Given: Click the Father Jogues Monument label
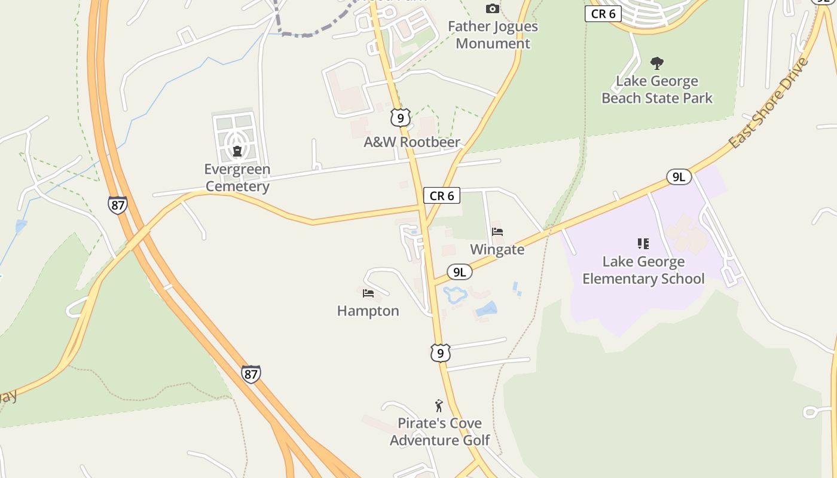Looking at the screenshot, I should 493,35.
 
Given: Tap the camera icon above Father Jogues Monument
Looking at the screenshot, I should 492,8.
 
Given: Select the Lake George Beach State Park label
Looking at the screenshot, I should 657,90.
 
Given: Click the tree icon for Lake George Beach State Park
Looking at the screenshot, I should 657,63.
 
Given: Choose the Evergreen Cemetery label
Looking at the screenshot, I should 237,177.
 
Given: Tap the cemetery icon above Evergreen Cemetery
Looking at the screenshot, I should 237,151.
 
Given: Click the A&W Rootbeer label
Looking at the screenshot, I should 412,142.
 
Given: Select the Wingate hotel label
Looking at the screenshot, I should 497,249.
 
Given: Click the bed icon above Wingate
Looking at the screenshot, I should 497,231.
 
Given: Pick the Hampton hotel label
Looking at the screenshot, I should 368,311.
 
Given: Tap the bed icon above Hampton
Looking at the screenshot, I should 368,293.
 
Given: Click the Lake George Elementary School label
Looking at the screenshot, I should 643,270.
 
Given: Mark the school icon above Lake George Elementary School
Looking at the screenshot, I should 643,243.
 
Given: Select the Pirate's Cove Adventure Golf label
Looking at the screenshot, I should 439,431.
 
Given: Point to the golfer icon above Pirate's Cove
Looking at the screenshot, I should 439,406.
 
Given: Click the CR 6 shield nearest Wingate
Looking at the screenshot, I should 442,195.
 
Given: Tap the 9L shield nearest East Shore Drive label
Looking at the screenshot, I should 679,176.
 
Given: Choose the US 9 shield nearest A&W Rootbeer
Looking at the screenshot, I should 400,117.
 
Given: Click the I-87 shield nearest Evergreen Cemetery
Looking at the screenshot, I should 118,205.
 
